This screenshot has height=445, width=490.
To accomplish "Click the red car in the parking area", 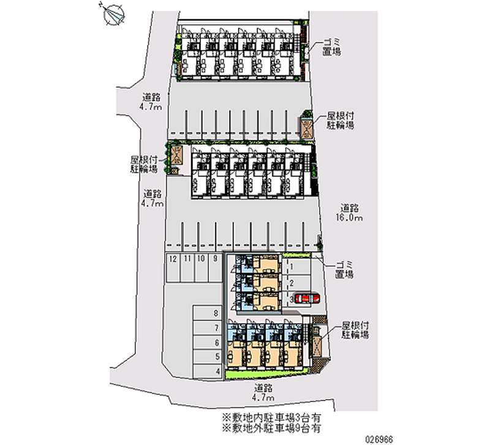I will [307, 298].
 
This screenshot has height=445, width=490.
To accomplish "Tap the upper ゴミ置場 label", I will [331, 47].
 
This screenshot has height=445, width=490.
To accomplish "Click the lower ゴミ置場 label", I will [344, 270].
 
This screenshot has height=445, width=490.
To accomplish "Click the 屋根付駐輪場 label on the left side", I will [145, 164].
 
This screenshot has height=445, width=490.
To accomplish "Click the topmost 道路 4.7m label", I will [151, 102].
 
